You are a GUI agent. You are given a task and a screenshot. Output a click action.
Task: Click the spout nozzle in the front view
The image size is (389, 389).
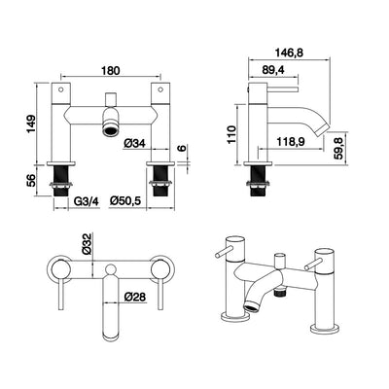(113, 129)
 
